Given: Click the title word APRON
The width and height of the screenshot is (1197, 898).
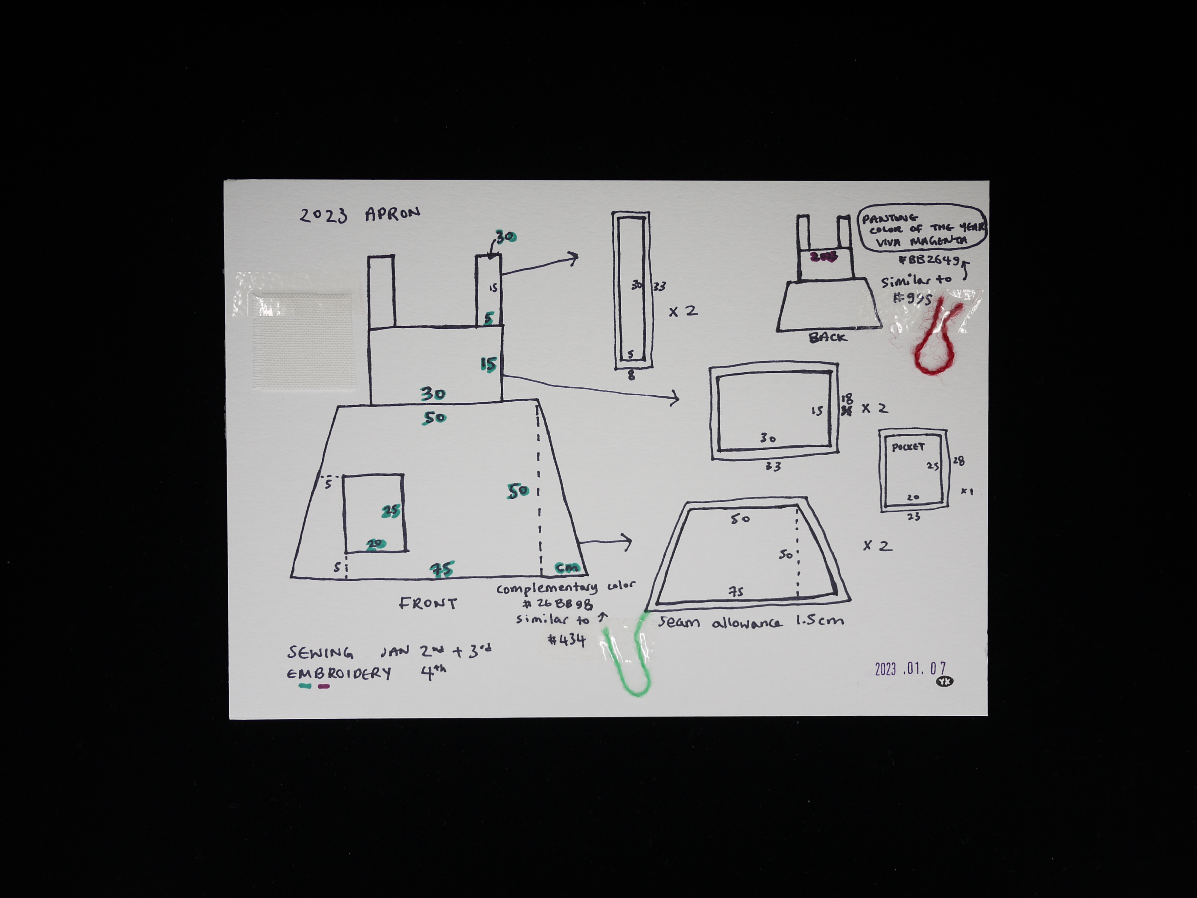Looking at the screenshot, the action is (x=392, y=214).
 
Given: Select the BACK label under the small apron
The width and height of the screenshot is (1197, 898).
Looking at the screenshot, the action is (x=827, y=337).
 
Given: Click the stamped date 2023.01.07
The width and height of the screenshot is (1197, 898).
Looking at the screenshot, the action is (x=910, y=669).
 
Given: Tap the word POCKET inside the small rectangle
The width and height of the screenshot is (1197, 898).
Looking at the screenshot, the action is (x=908, y=447).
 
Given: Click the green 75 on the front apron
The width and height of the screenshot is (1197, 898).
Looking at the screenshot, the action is (x=442, y=569).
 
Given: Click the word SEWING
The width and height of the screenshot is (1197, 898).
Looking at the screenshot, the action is (x=320, y=653).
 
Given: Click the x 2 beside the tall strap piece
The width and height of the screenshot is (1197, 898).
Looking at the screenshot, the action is (x=683, y=311).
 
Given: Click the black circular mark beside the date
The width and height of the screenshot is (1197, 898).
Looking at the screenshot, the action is (x=945, y=682).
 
